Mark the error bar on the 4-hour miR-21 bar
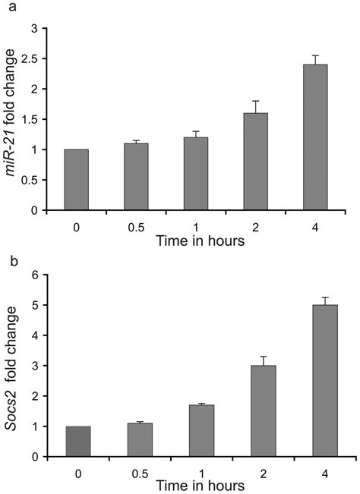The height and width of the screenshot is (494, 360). coord(315,59)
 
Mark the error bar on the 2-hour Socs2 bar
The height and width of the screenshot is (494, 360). coord(256,360)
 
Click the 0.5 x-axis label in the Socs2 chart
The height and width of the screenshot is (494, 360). coord(137,472)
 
